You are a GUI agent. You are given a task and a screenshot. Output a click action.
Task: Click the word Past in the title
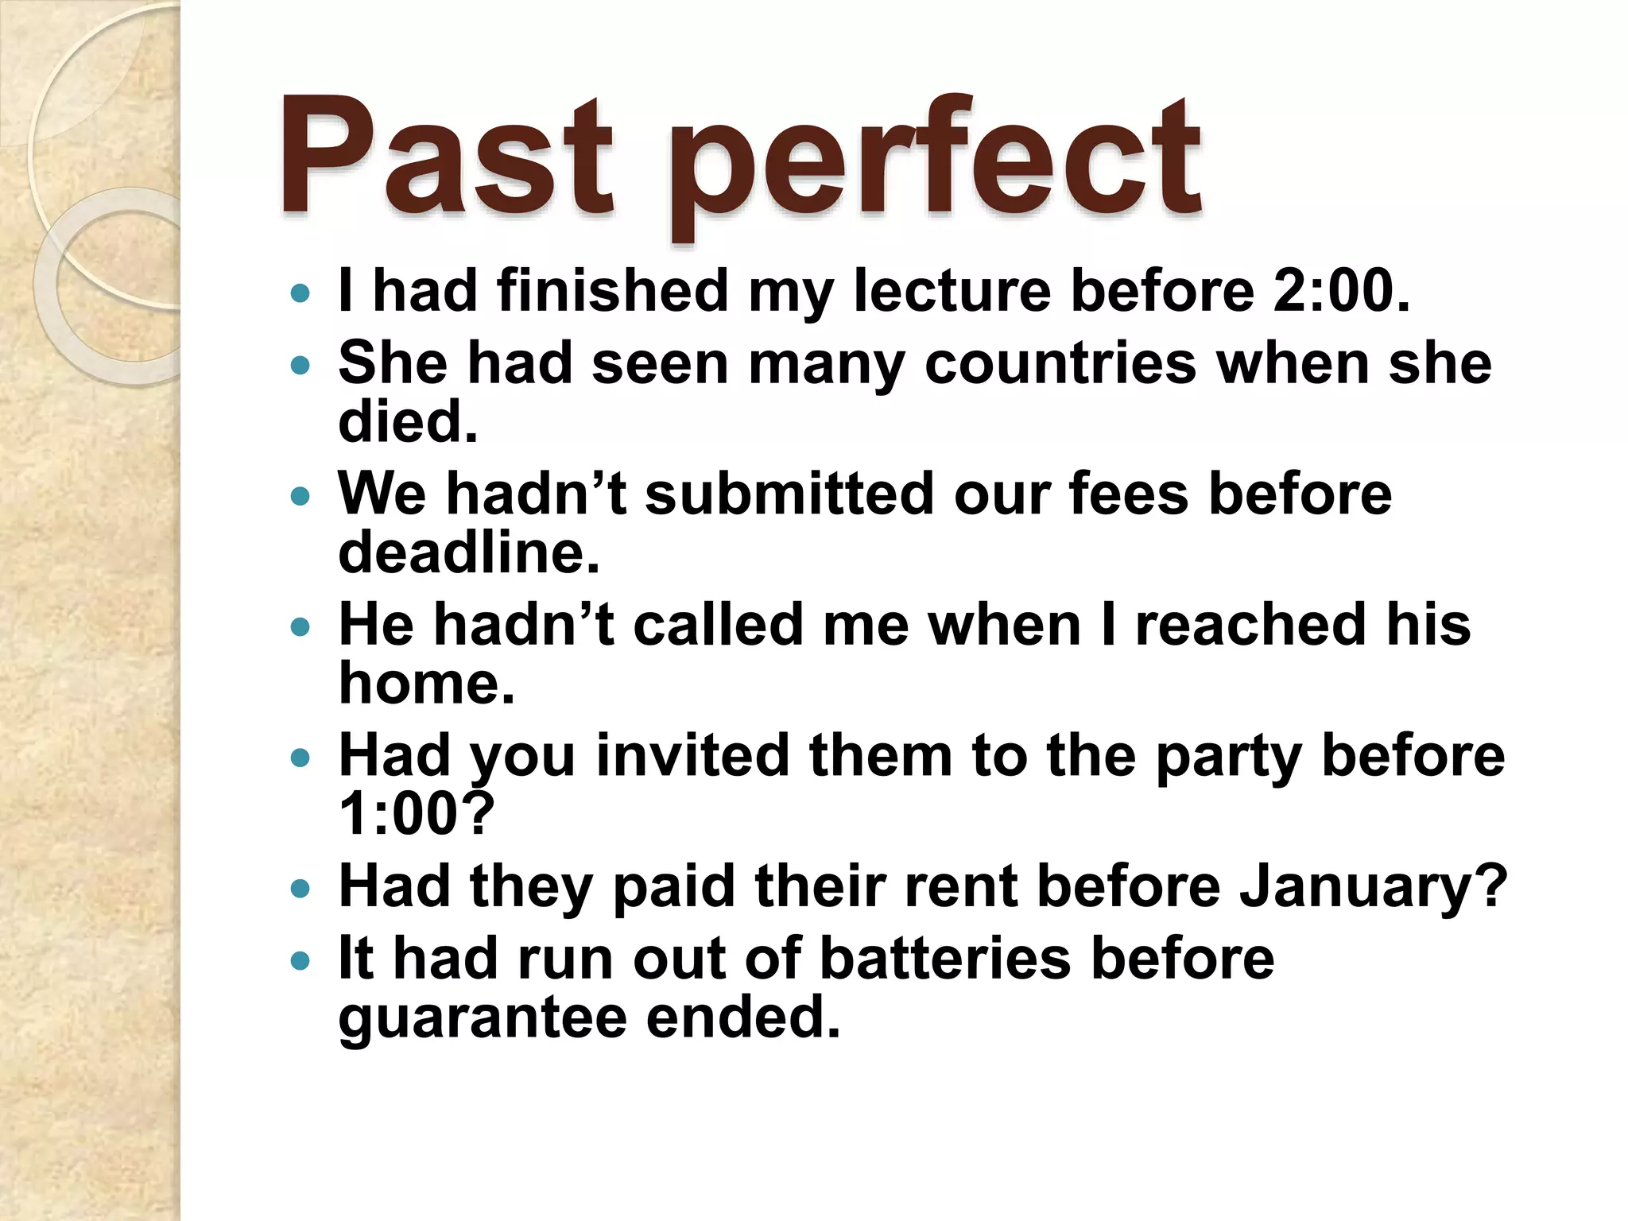pyautogui.click(x=445, y=159)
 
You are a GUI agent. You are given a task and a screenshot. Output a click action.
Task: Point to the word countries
pyautogui.click(x=1060, y=364)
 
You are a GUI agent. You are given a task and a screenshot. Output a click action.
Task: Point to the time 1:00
pyautogui.click(x=417, y=814)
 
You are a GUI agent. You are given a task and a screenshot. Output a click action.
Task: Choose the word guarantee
pyautogui.click(x=482, y=1019)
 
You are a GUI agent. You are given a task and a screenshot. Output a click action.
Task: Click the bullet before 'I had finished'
pyautogui.click(x=300, y=294)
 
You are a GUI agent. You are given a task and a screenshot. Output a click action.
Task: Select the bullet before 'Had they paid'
pyautogui.click(x=300, y=889)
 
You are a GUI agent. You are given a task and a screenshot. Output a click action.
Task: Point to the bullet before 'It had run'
pyautogui.click(x=300, y=962)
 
